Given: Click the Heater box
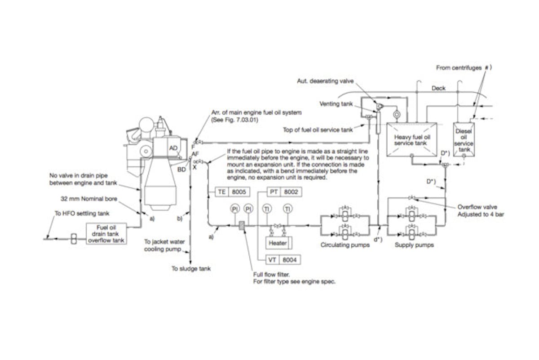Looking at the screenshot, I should [x=278, y=243].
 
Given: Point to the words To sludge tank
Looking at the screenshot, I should [x=191, y=269].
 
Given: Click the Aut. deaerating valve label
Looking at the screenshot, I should [x=325, y=81].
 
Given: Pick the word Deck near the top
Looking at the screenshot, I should [x=438, y=88].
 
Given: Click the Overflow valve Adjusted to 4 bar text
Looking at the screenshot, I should [x=481, y=211].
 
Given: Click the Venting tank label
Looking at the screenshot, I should [x=335, y=103].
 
